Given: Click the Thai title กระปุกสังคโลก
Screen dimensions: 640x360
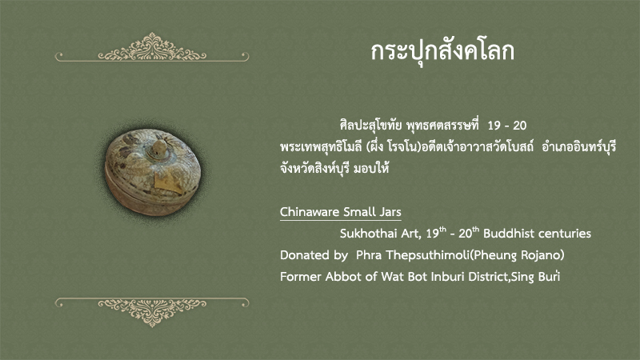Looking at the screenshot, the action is coord(442,52).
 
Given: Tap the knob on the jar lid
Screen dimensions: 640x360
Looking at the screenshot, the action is coord(158,149).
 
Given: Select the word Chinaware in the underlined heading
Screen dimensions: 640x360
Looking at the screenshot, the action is coord(309,212).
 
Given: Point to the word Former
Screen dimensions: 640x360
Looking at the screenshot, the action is coord(301,277).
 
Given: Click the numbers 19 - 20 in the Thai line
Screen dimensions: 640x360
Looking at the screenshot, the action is coord(507,126).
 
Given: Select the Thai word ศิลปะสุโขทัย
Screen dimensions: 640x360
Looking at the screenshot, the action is coord(371,126).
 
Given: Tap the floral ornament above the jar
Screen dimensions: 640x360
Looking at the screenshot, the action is coord(152,48).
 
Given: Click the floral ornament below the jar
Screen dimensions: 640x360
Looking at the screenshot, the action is coord(152,312).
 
